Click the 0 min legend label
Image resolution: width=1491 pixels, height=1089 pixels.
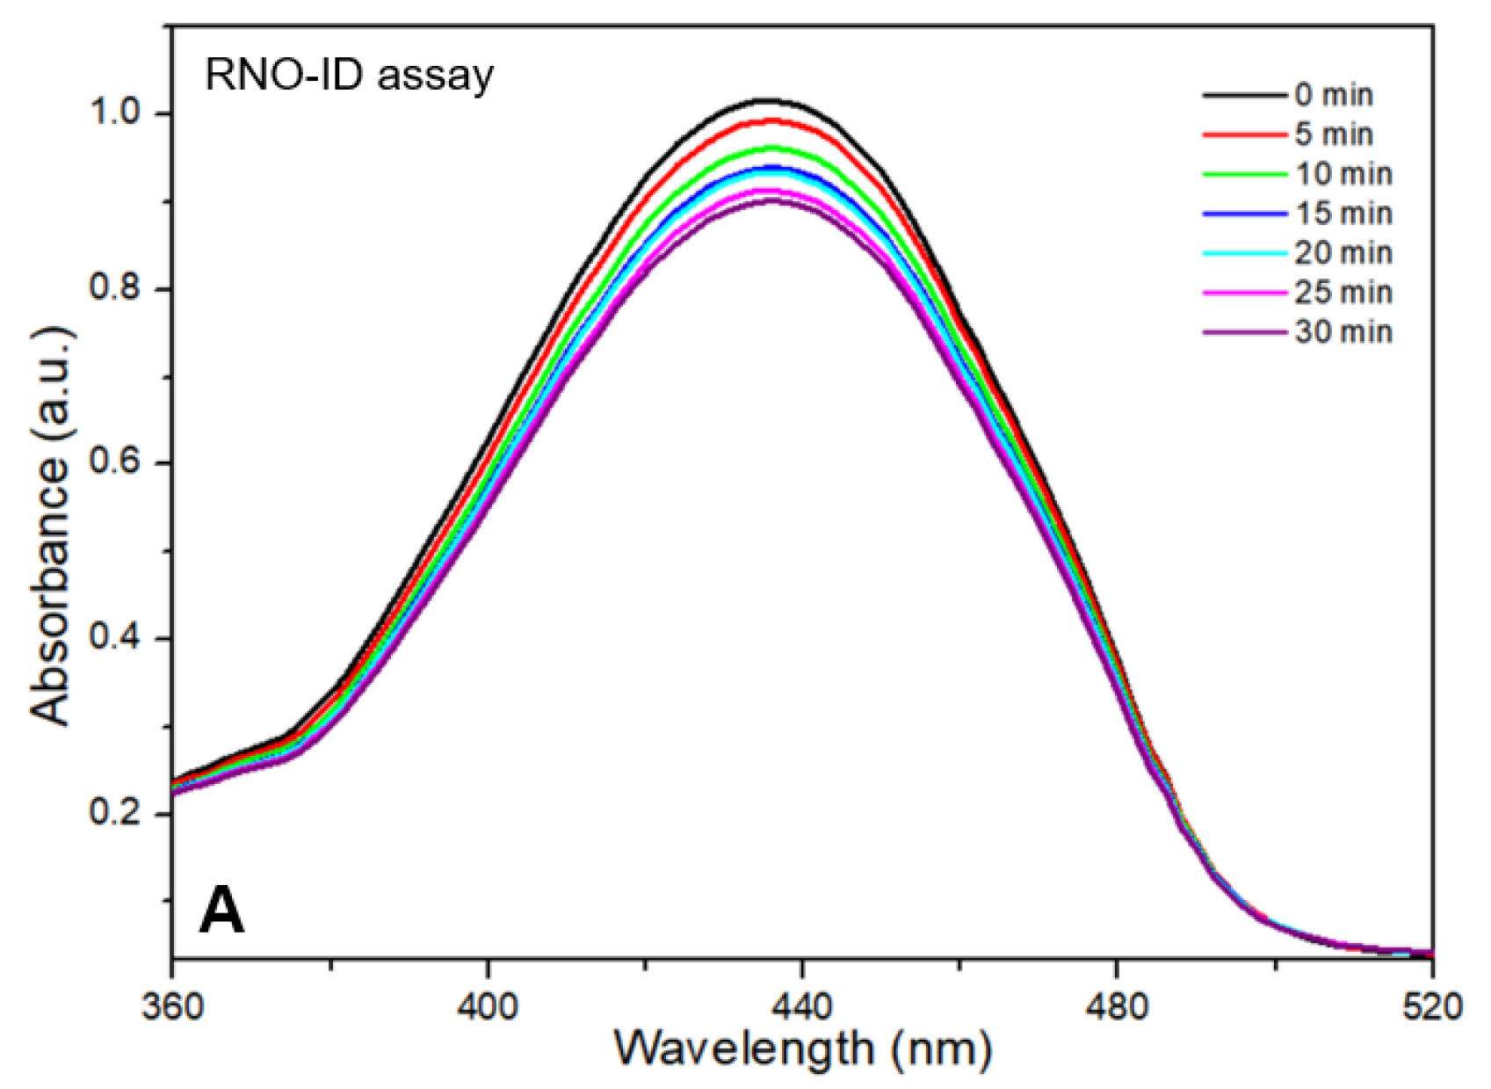click(x=1333, y=95)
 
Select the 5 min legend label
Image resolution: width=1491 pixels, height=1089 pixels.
click(x=1333, y=134)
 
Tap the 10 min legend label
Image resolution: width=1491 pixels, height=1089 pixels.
click(x=1343, y=174)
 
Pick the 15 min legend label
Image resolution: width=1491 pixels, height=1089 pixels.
click(x=1343, y=214)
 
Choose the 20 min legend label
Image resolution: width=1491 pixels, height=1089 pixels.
click(x=1343, y=253)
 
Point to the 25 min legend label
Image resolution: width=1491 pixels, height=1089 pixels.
click(x=1343, y=292)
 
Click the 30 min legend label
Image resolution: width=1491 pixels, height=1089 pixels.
click(x=1343, y=331)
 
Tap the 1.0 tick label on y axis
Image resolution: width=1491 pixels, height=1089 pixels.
click(x=119, y=114)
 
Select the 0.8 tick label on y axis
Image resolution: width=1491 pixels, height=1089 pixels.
click(x=119, y=289)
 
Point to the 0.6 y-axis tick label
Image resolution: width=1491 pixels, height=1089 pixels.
click(x=119, y=463)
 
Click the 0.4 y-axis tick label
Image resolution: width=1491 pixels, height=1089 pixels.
click(x=119, y=638)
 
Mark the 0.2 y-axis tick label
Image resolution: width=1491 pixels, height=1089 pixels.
click(x=119, y=813)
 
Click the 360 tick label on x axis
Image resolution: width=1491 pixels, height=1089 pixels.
click(x=173, y=1006)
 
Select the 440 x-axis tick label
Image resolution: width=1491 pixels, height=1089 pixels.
click(x=801, y=1006)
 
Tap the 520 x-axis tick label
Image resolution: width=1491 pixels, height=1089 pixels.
click(x=1432, y=1006)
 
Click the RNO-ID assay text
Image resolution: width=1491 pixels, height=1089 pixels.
click(x=349, y=76)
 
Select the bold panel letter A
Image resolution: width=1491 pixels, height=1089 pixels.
click(x=221, y=911)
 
